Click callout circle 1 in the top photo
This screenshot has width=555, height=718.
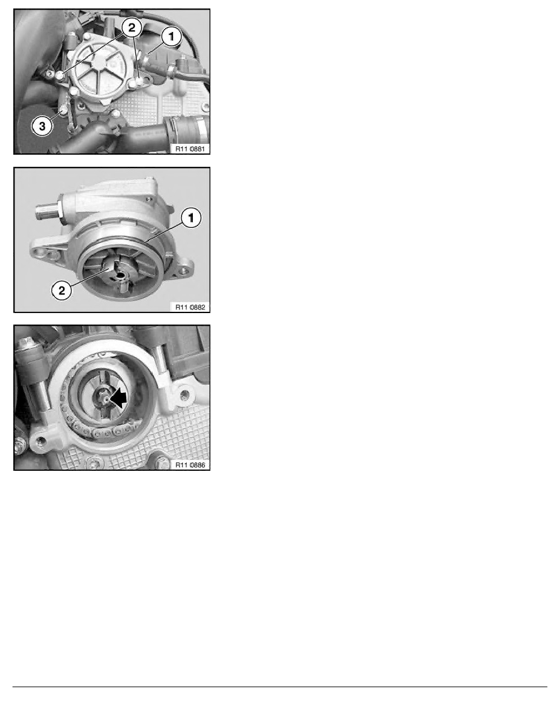tap(172, 37)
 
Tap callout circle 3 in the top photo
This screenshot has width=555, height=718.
tap(41, 125)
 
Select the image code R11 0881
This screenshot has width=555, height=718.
tap(191, 147)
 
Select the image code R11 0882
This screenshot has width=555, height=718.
tap(191, 306)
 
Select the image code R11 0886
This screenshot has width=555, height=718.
tap(191, 465)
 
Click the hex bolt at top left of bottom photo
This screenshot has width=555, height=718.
tap(25, 344)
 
